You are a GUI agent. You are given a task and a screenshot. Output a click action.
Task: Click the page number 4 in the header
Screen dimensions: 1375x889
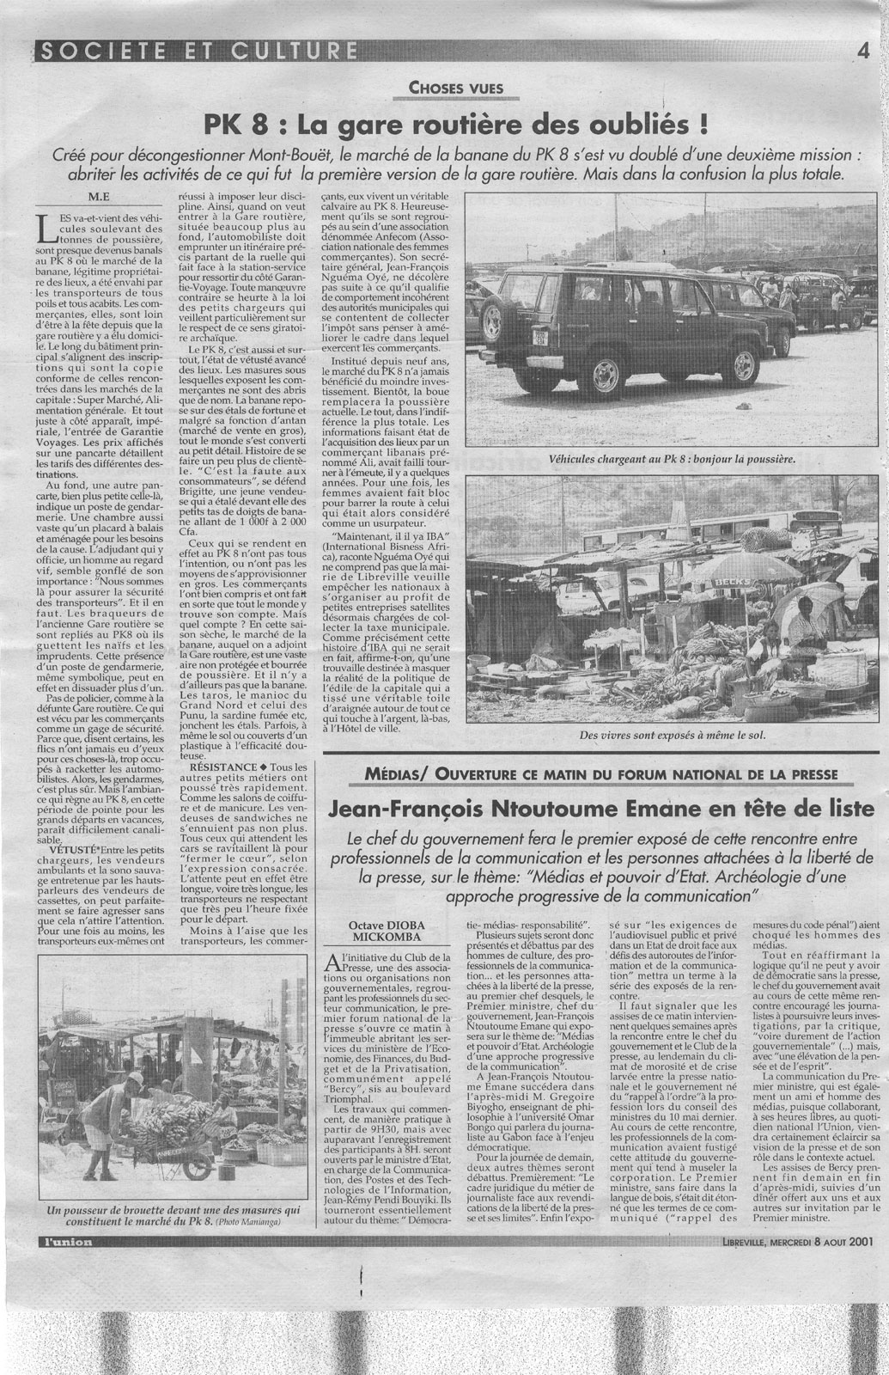(863, 51)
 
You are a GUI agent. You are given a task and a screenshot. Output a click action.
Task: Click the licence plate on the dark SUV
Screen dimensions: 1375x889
(515, 338)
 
